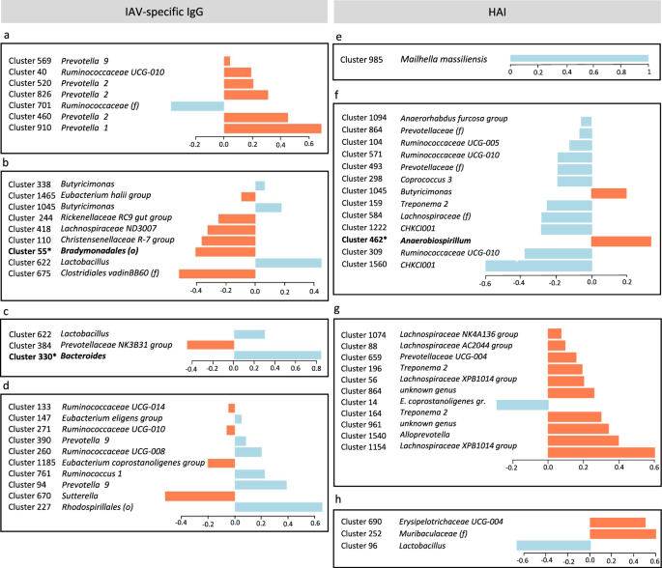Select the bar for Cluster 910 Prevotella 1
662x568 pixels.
click(x=273, y=128)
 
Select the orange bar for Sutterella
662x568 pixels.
click(x=199, y=497)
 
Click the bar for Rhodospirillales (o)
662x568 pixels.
click(x=278, y=508)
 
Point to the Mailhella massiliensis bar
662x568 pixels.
click(x=579, y=59)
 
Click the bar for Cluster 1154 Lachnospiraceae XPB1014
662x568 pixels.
click(x=601, y=452)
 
